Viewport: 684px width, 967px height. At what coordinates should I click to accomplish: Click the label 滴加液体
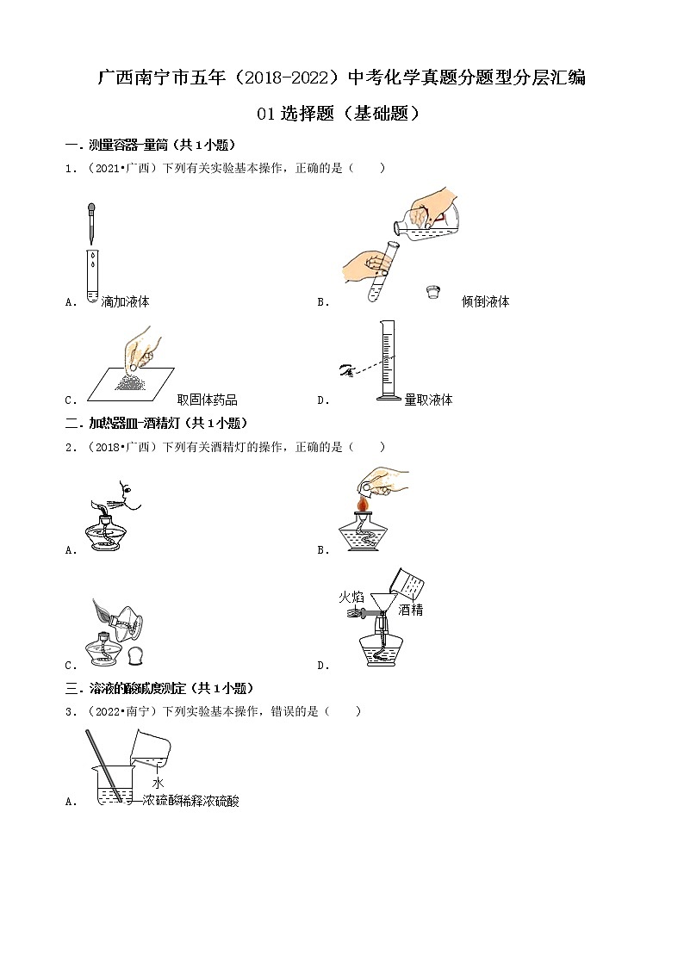[x=125, y=302]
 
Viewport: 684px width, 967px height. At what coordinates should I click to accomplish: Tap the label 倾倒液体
[x=485, y=302]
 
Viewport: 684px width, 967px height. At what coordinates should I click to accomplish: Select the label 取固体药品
[x=207, y=400]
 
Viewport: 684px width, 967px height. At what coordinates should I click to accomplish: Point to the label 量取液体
[x=428, y=400]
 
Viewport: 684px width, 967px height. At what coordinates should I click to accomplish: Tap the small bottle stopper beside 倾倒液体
[x=433, y=293]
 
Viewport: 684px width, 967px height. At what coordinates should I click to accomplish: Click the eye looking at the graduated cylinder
[x=347, y=369]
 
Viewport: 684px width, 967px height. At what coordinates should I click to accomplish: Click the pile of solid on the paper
[x=134, y=381]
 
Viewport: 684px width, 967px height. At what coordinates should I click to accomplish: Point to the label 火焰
[x=351, y=595]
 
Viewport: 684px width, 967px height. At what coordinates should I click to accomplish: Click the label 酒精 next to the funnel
[x=410, y=611]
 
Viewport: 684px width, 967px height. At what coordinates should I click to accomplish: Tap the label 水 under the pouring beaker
[x=158, y=783]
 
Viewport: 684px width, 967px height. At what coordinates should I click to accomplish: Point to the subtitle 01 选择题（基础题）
[x=341, y=114]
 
